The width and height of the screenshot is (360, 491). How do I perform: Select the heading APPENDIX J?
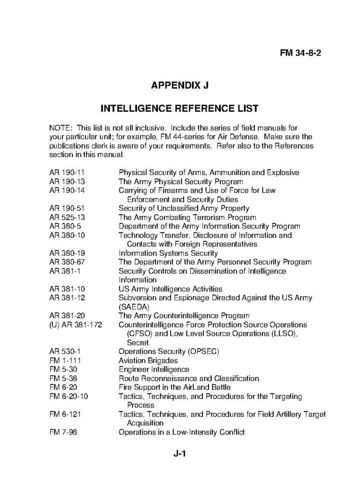click(x=180, y=85)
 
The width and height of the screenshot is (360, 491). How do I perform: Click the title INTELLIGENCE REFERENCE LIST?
click(x=180, y=108)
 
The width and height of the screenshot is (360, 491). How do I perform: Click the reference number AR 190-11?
click(x=67, y=172)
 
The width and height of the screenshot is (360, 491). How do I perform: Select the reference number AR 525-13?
click(x=67, y=217)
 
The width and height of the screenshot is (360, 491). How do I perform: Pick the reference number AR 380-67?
click(x=67, y=262)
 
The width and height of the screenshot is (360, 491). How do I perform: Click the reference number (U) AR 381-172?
click(x=76, y=325)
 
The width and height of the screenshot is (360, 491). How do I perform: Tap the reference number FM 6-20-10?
click(x=69, y=396)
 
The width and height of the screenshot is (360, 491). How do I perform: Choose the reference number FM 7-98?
click(x=63, y=432)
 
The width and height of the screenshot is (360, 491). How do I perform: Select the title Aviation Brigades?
click(x=148, y=361)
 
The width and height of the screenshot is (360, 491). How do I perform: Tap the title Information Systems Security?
click(x=168, y=253)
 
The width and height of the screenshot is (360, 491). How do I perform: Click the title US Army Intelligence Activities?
click(x=171, y=289)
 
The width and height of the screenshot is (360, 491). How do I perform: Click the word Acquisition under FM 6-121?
click(x=145, y=423)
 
